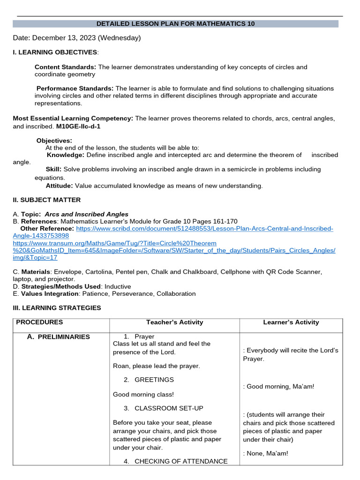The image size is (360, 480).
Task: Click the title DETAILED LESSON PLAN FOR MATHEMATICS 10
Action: [x=175, y=24]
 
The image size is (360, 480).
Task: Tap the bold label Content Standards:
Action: [x=65, y=67]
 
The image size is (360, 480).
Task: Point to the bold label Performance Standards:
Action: [x=75, y=89]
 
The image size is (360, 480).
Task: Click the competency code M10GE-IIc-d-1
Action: [x=78, y=127]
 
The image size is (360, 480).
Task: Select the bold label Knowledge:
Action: [x=66, y=155]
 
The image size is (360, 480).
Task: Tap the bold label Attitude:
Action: [x=60, y=186]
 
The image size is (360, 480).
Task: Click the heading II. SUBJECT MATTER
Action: [x=46, y=200]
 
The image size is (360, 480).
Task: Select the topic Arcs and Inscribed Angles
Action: [x=86, y=214]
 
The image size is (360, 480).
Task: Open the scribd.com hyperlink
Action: [x=204, y=229]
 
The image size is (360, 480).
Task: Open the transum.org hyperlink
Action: [x=173, y=250]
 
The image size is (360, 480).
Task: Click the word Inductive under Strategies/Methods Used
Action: [x=118, y=286]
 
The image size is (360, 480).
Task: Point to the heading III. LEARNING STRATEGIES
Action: [x=57, y=308]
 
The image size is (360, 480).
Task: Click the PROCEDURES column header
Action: [x=39, y=322]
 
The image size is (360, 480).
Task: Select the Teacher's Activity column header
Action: [x=174, y=322]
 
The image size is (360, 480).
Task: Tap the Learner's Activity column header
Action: [x=291, y=322]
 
